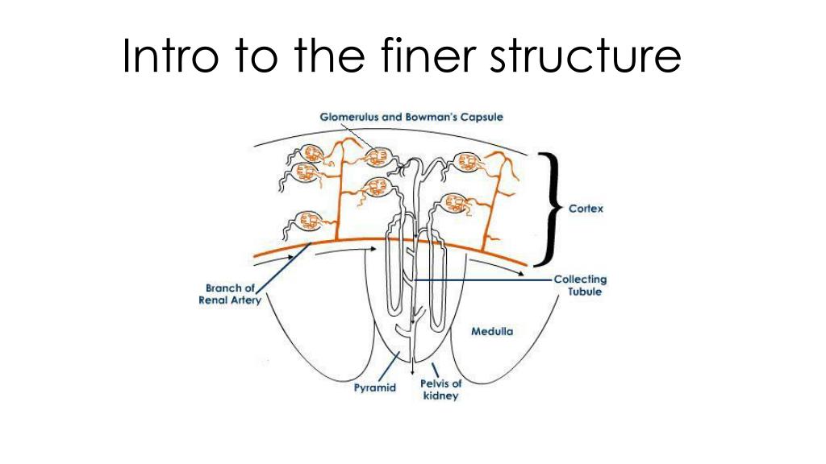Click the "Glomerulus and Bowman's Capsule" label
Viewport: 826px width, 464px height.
[x=411, y=117]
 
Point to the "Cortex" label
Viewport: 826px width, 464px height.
[x=586, y=208]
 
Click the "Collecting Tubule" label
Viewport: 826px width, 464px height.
[x=580, y=285]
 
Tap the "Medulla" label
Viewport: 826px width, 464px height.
[x=492, y=330]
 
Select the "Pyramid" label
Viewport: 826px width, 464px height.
[x=375, y=388]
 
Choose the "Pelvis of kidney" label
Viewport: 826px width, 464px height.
[x=441, y=390]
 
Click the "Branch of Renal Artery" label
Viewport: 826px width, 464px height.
[x=230, y=295]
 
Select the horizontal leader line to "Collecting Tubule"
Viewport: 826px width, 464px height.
[x=484, y=280]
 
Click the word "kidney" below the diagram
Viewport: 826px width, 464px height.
[x=441, y=396]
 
